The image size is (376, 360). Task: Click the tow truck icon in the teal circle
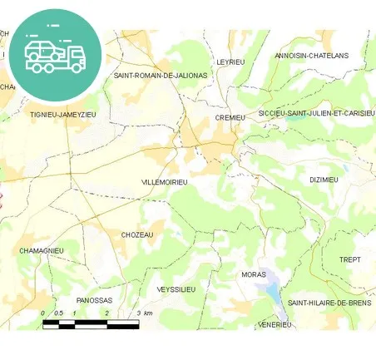click(x=55, y=54)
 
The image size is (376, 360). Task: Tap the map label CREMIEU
click(x=230, y=118)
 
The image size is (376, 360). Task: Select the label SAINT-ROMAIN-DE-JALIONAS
click(x=161, y=75)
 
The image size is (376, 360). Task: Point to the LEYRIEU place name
click(x=230, y=62)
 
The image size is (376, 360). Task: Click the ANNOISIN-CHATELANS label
click(x=312, y=56)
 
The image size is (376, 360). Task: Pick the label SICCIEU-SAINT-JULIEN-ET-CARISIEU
click(x=316, y=113)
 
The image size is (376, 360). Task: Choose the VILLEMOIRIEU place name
click(x=165, y=181)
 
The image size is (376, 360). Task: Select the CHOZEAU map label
click(x=137, y=235)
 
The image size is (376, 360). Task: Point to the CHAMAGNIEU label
click(x=41, y=250)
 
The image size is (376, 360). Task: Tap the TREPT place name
click(x=350, y=259)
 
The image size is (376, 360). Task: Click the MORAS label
click(x=252, y=274)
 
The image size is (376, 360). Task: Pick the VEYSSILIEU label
click(x=176, y=289)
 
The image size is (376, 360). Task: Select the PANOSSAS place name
click(x=93, y=300)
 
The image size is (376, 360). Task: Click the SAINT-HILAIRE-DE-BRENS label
click(x=330, y=303)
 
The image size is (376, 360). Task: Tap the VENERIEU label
click(x=275, y=324)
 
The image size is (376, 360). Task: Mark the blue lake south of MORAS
click(x=271, y=290)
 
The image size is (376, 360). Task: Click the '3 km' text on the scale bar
click(x=144, y=313)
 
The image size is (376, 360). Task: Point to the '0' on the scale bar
click(x=43, y=313)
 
